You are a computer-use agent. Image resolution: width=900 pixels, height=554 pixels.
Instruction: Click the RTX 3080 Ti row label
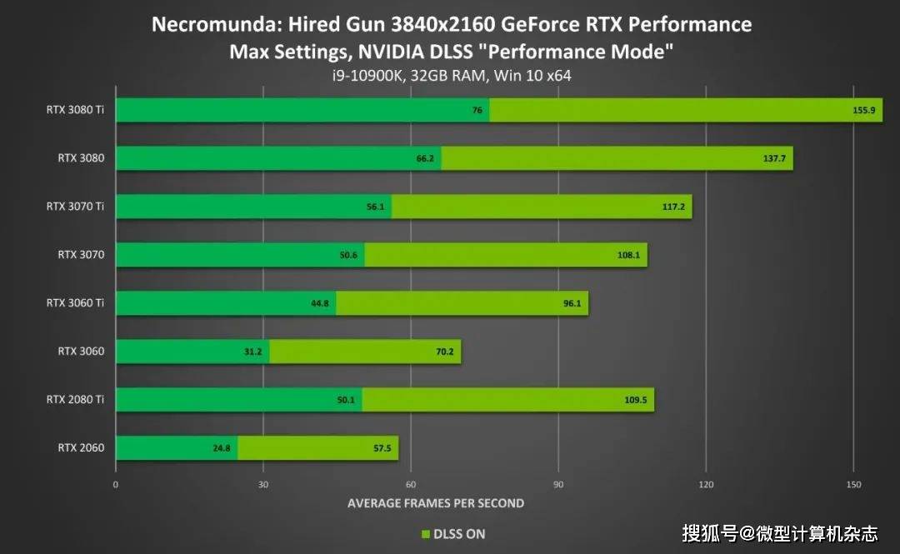(75, 109)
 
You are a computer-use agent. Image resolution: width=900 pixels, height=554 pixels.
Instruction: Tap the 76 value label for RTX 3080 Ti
(477, 110)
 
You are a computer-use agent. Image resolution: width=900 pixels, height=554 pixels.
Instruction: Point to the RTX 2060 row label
(81, 448)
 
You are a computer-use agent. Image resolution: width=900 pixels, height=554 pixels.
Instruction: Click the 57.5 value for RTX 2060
(383, 448)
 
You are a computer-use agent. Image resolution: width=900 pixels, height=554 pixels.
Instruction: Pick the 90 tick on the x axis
(558, 484)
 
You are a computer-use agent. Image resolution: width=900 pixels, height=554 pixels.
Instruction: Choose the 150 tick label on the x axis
(852, 484)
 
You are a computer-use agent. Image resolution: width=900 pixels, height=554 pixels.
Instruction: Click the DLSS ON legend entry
(453, 534)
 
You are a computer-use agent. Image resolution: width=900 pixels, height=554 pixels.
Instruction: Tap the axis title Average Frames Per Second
(435, 503)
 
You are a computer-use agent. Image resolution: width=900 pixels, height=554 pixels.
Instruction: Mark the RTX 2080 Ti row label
(75, 400)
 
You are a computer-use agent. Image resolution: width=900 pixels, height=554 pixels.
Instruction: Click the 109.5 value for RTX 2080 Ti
(636, 400)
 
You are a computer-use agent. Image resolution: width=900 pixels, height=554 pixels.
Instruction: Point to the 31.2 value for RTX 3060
(253, 352)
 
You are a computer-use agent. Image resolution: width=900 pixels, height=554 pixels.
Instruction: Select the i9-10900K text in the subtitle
(366, 76)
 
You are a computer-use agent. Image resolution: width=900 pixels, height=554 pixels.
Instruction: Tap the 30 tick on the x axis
(262, 484)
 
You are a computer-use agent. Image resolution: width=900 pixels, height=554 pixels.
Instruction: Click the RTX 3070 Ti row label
(75, 207)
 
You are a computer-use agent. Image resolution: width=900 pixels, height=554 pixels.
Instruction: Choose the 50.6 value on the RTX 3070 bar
(347, 255)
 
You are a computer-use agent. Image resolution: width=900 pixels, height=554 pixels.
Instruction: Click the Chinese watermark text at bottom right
(779, 532)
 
